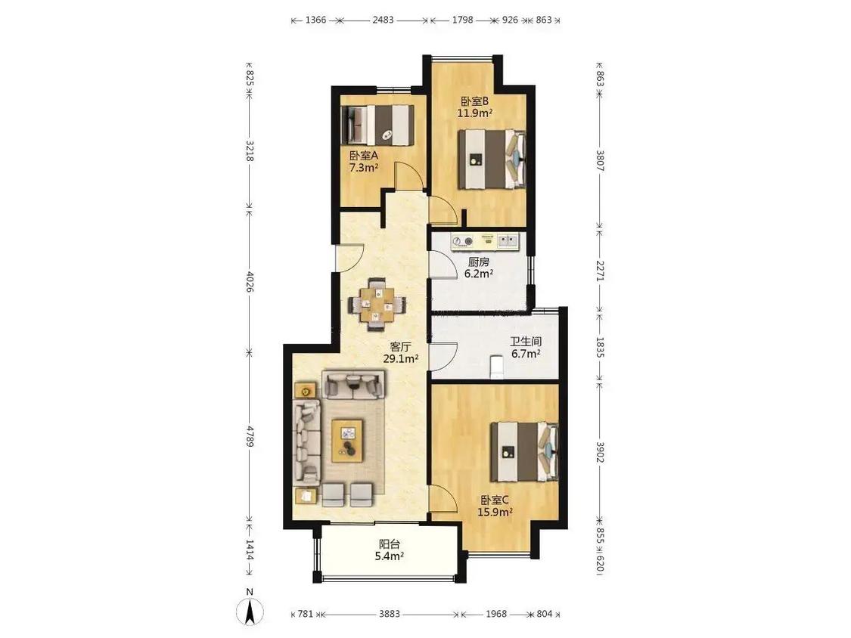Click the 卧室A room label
click(364, 155)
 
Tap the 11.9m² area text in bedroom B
click(475, 113)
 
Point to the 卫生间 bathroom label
click(526, 342)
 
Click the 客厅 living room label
click(400, 347)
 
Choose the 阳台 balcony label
click(389, 544)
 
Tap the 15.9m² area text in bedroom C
click(495, 512)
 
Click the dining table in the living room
click(376, 305)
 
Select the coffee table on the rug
click(347, 440)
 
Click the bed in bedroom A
click(377, 125)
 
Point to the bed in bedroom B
click(492, 159)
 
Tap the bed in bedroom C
click(524, 452)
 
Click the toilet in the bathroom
click(496, 366)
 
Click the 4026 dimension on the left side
click(250, 281)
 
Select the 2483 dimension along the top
click(384, 20)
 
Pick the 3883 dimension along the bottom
click(389, 614)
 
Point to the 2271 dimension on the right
click(600, 271)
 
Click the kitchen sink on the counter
click(509, 241)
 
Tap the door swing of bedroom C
click(442, 498)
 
